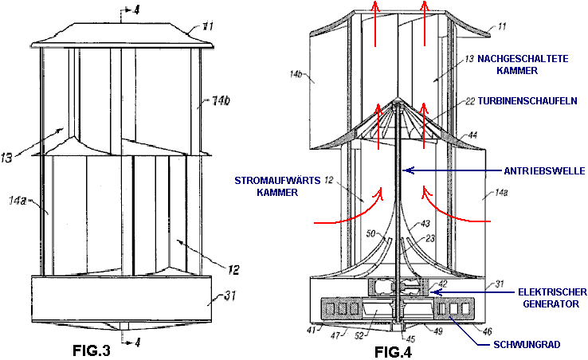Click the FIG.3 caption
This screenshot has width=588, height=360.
92,350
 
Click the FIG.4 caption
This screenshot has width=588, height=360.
393,352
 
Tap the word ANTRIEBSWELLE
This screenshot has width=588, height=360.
544,171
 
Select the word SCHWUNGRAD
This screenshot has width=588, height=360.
527,345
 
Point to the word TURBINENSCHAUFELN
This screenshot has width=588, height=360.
527,101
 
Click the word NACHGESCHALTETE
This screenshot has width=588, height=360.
523,59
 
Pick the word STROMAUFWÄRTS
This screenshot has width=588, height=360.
277,180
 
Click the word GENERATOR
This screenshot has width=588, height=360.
551,303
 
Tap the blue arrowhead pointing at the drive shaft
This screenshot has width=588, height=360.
410,170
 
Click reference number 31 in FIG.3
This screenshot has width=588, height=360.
230,295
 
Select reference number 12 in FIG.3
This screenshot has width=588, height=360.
233,270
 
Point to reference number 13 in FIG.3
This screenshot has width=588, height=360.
6,158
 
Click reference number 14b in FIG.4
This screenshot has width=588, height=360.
296,74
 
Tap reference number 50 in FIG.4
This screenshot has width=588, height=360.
370,234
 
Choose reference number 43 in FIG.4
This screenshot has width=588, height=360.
425,224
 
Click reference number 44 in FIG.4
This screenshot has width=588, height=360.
472,135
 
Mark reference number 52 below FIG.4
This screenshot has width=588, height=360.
359,335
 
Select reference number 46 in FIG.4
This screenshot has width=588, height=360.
487,331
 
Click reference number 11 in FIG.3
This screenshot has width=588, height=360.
208,27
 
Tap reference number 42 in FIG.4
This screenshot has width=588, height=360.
442,284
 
